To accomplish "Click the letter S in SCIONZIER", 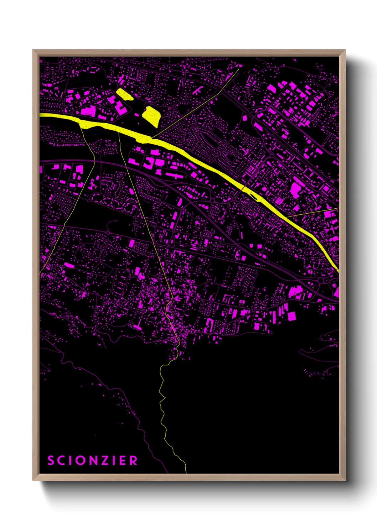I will coord(51,460).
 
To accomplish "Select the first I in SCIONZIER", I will coord(72,460).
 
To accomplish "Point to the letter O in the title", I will coord(82,460).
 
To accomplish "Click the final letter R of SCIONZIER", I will coord(134,460).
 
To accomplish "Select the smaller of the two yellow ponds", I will coord(124,95).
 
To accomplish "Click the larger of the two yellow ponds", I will coord(151,116).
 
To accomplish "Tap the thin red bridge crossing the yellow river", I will coord(243,187).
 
